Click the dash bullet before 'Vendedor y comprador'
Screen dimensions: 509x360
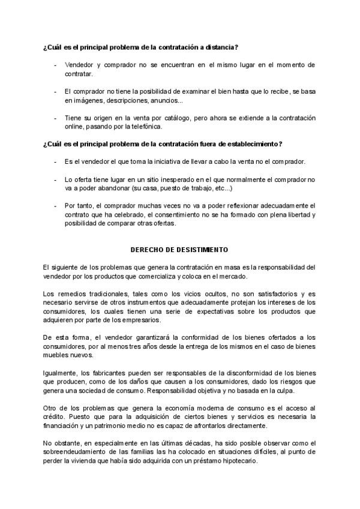point(55,64)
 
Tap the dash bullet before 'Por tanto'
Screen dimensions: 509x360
point(55,205)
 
